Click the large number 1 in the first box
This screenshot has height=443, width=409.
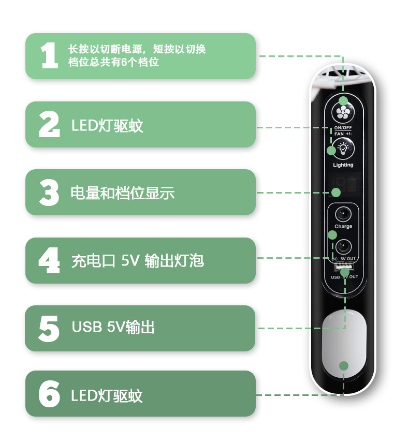(50, 55)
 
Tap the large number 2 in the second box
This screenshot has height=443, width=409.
(50, 124)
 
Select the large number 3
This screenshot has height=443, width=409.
(49, 192)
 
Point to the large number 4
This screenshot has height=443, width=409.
(49, 260)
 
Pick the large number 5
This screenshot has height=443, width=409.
(49, 329)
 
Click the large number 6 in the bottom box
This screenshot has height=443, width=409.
(49, 394)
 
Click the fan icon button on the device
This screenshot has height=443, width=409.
(343, 112)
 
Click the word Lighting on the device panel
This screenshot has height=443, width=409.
(343, 165)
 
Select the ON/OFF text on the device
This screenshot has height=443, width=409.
(343, 128)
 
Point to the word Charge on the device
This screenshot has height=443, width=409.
(343, 226)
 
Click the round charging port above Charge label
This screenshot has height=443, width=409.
(343, 214)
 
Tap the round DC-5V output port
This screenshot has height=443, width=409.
(343, 247)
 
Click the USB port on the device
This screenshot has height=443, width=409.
(344, 267)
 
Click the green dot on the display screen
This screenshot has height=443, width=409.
(336, 193)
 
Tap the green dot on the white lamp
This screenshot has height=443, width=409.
(344, 366)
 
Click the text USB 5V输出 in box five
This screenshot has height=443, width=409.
(113, 327)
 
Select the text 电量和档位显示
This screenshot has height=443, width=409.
(122, 193)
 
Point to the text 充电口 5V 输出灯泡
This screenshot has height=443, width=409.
(137, 260)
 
